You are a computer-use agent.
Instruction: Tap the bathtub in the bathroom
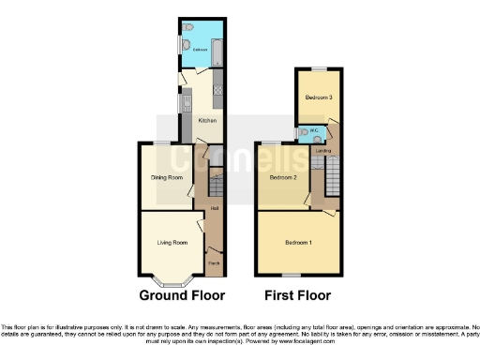pyautogui.click(x=216, y=41)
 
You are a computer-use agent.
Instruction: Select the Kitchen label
pyautogui.click(x=207, y=121)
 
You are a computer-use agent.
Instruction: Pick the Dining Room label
pyautogui.click(x=167, y=175)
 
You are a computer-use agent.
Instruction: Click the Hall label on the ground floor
pyautogui.click(x=215, y=208)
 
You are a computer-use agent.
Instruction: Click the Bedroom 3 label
pyautogui.click(x=319, y=97)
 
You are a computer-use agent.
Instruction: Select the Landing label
pyautogui.click(x=322, y=150)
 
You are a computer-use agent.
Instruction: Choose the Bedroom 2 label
pyautogui.click(x=283, y=176)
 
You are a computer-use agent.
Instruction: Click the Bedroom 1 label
pyautogui.click(x=298, y=243)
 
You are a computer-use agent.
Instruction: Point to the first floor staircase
pyautogui.click(x=330, y=176)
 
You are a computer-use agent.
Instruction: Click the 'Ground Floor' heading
pyautogui.click(x=182, y=294)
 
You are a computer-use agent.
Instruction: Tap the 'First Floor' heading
pyautogui.click(x=296, y=294)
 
